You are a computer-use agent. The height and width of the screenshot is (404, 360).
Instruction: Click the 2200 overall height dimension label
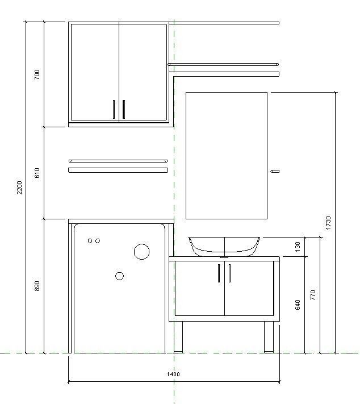point(19,188)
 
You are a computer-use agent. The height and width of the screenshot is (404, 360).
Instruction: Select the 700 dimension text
point(37,74)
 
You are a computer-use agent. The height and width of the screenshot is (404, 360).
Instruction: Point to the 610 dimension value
point(37,173)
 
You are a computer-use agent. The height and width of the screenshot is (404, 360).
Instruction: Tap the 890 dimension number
point(37,286)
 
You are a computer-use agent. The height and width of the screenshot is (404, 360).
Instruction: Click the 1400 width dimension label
point(173,374)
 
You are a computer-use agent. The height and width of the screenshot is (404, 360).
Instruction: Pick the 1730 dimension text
point(328,222)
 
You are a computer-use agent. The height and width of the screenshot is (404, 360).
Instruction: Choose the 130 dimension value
point(298,246)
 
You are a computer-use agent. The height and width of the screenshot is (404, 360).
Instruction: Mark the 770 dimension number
point(313,295)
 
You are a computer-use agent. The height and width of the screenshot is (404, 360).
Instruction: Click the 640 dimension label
point(298,305)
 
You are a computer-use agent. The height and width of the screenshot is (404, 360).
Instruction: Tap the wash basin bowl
point(224,245)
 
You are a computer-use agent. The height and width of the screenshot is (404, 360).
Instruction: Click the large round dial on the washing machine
point(141,252)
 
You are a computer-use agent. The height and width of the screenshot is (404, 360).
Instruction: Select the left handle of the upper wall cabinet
point(114,109)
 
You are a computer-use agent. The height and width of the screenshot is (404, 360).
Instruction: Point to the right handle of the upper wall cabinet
point(123,109)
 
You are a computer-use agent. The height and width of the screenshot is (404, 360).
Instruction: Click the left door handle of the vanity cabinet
point(219,273)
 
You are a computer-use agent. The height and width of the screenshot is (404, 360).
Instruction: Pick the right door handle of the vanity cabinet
point(229,273)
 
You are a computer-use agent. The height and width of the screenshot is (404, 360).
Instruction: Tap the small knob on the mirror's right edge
point(275,170)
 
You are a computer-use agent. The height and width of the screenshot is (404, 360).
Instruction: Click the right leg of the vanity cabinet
point(270,337)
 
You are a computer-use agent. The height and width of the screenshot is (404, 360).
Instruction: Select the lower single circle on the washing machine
point(119,276)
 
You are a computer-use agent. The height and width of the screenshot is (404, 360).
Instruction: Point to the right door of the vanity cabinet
point(250,289)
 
